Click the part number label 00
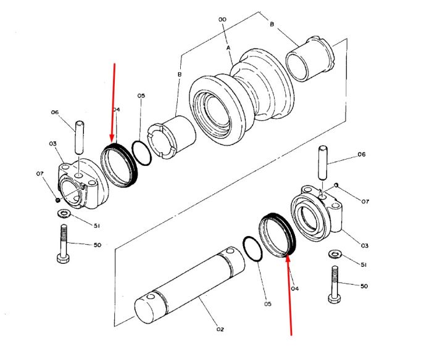tap(222, 20)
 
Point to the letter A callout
tap(228, 48)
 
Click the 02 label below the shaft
tap(220, 329)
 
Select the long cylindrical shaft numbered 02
tap(190, 285)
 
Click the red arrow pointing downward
tap(113, 102)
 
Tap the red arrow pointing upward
tap(289, 295)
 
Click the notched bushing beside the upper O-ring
tap(172, 137)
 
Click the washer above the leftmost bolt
tap(64, 213)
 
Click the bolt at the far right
tap(335, 285)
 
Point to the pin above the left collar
tap(80, 137)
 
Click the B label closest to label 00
tap(272, 24)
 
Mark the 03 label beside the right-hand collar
tap(364, 245)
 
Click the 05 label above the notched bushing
tap(141, 96)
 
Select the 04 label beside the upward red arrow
tap(295, 288)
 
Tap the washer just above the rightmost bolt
tap(335, 254)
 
